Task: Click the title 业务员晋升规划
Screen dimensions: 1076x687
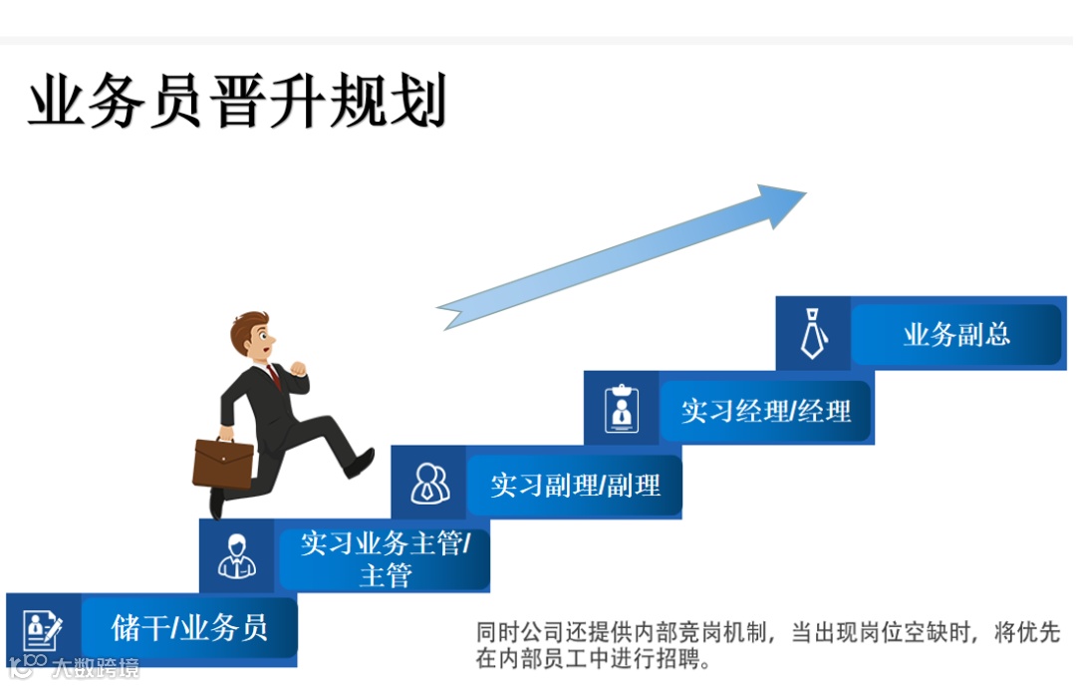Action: (x=237, y=103)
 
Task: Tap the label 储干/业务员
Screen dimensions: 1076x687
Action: (x=189, y=627)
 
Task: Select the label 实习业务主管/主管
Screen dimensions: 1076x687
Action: (x=385, y=558)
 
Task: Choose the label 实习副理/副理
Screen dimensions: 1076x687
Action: (x=575, y=486)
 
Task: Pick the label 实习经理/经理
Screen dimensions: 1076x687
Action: (x=766, y=410)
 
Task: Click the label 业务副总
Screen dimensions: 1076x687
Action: (x=956, y=335)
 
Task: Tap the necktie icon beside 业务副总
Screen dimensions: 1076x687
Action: (x=814, y=334)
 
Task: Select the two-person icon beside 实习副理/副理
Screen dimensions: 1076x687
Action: (x=429, y=484)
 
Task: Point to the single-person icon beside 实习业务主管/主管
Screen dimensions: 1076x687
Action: (x=237, y=556)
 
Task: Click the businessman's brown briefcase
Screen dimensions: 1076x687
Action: (x=223, y=463)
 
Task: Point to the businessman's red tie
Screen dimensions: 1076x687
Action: (x=274, y=375)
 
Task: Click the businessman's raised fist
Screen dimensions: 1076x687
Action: (x=298, y=367)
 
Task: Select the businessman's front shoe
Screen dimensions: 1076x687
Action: (x=361, y=463)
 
